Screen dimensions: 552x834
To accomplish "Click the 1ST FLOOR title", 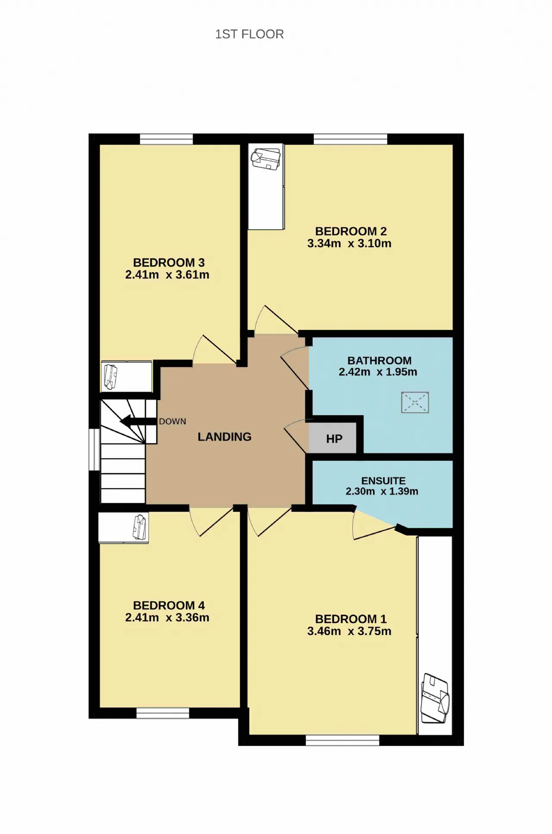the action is (x=249, y=34).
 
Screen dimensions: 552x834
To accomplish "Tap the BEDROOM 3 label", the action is (x=169, y=263).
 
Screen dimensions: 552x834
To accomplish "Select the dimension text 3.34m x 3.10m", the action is (x=349, y=244).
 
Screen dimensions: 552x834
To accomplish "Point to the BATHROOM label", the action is (x=379, y=361).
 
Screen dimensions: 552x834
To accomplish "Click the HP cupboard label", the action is (x=334, y=439).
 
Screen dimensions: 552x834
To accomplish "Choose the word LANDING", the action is (x=224, y=437).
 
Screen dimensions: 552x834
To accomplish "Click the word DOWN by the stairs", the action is (x=172, y=421).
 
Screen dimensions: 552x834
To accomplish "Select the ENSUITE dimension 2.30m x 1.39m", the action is (x=382, y=492).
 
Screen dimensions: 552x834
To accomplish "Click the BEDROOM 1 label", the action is (x=351, y=619).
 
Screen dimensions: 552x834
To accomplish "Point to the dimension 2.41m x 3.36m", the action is (x=167, y=618).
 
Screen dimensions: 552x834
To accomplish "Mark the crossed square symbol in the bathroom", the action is (x=415, y=402).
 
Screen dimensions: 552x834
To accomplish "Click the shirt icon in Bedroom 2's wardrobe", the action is (x=266, y=159).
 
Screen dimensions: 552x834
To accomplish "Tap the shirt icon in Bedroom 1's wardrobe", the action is (x=435, y=698).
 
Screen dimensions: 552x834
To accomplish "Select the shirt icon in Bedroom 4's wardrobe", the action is (x=140, y=527).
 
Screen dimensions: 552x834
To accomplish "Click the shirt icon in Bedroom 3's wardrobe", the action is (x=111, y=376).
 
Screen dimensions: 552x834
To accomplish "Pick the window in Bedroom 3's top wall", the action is (x=166, y=139).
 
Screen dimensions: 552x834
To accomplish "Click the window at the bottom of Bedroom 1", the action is (x=342, y=740).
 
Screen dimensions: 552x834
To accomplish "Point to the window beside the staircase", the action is (x=94, y=449).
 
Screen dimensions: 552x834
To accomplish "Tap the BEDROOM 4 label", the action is (x=169, y=605).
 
